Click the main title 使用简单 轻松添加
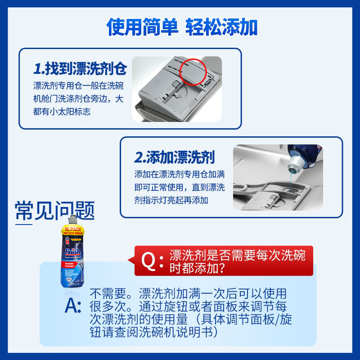click(x=182, y=27)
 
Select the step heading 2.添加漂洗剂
click(x=175, y=157)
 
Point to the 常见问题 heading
click(x=55, y=210)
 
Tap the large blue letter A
click(x=73, y=306)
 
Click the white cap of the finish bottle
click(x=73, y=221)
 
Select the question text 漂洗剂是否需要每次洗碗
click(x=237, y=256)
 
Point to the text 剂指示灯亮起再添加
click(x=171, y=200)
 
